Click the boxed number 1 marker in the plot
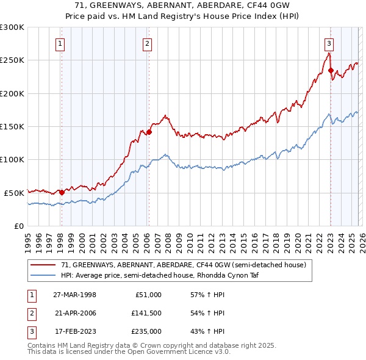point(61,43)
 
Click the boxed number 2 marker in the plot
point(148,43)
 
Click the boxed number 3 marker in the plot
point(329,43)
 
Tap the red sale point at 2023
point(331,70)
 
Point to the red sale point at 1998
point(62,192)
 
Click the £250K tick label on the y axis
point(12,60)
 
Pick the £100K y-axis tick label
point(12,159)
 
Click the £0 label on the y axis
point(18,226)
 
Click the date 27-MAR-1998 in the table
point(74,295)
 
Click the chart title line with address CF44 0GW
point(183,5)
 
